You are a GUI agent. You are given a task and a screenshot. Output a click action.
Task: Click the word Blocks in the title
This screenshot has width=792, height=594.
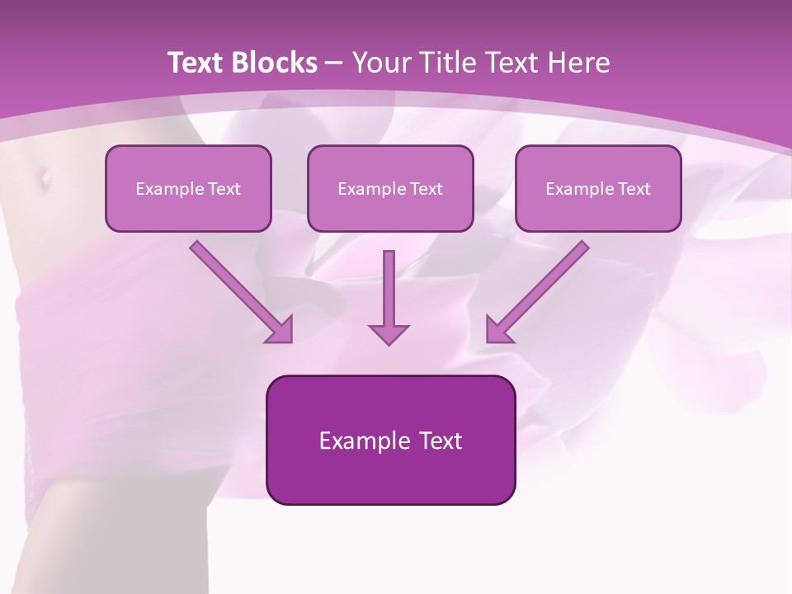(273, 63)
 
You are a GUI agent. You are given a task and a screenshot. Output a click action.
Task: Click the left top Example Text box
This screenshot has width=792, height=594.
(188, 188)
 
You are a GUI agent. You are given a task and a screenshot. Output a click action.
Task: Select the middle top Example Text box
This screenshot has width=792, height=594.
(390, 188)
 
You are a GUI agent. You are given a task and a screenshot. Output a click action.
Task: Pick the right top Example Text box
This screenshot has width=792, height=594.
(598, 188)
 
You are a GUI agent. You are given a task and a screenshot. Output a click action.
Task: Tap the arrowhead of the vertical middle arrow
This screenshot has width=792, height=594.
(389, 333)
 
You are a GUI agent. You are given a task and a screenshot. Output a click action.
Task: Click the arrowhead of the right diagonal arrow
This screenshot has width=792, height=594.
(498, 330)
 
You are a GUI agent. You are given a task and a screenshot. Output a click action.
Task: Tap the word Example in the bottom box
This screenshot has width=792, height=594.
(354, 441)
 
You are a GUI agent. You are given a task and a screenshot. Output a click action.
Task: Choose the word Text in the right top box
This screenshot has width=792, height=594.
(634, 189)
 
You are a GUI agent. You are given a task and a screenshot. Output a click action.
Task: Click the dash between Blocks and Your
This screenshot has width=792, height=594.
(335, 64)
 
